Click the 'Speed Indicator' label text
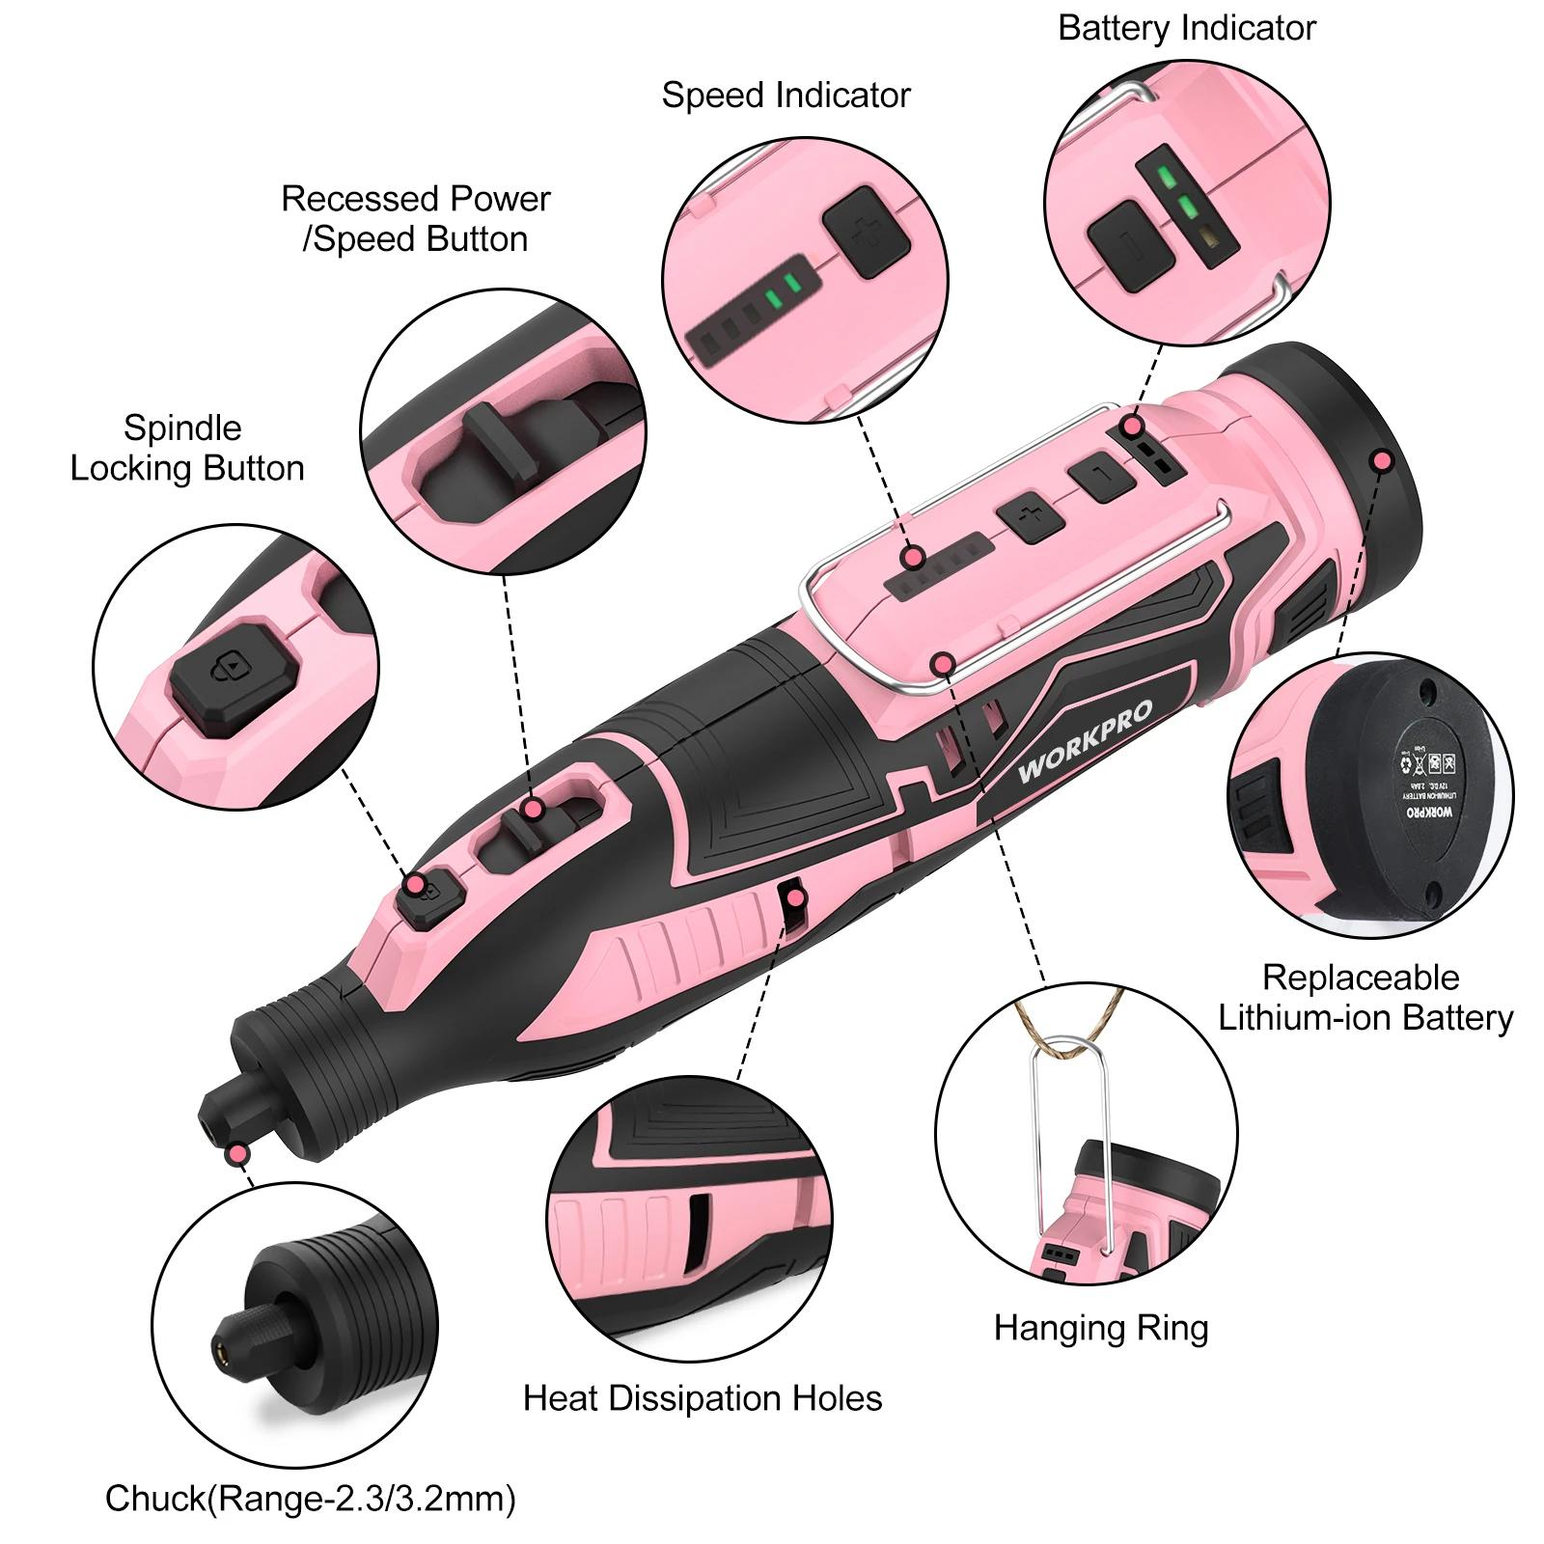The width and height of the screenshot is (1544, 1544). [786, 96]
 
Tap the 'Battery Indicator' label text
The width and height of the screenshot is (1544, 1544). [1186, 28]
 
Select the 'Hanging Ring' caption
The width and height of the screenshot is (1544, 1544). [1100, 1328]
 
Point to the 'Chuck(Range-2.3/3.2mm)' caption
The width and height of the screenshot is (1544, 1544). [310, 1499]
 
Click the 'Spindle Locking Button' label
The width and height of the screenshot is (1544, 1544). [186, 448]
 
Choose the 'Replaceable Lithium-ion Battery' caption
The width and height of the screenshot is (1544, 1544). [1365, 998]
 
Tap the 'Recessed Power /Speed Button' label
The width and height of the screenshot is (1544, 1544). [415, 219]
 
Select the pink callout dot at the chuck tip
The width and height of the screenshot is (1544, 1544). [235, 1154]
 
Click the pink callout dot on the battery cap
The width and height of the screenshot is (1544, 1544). [1382, 460]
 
